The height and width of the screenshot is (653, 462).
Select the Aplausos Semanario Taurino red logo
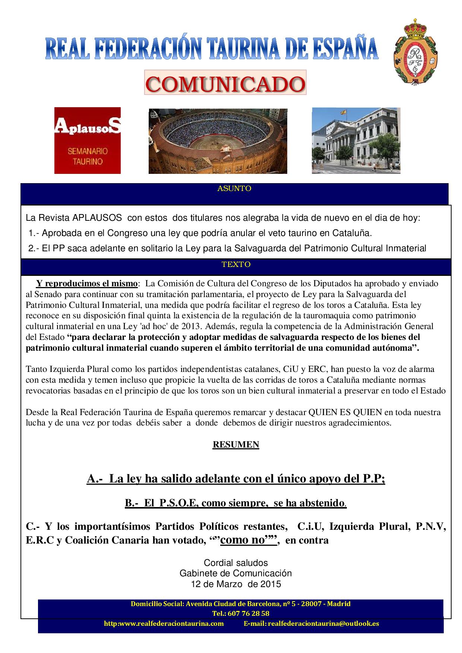pos(88,140)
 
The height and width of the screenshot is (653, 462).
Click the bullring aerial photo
pos(218,141)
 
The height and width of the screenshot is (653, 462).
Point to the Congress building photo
pos(356,140)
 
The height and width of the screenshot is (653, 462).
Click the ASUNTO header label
pos(234,188)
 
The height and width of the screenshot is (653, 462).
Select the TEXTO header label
pos(236,265)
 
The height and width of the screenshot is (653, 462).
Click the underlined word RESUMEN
pos(236,444)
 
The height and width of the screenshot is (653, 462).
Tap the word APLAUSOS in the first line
pos(97,218)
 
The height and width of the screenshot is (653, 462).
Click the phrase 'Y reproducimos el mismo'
pos(86,284)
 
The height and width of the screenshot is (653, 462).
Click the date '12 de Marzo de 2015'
pos(236,584)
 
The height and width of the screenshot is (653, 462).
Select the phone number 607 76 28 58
pos(246,613)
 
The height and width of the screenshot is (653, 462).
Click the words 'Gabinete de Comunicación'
pos(236,573)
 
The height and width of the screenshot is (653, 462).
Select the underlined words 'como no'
pos(242,540)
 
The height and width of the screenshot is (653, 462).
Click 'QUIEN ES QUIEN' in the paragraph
pos(345,412)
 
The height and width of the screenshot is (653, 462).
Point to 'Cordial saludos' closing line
pos(236,563)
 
